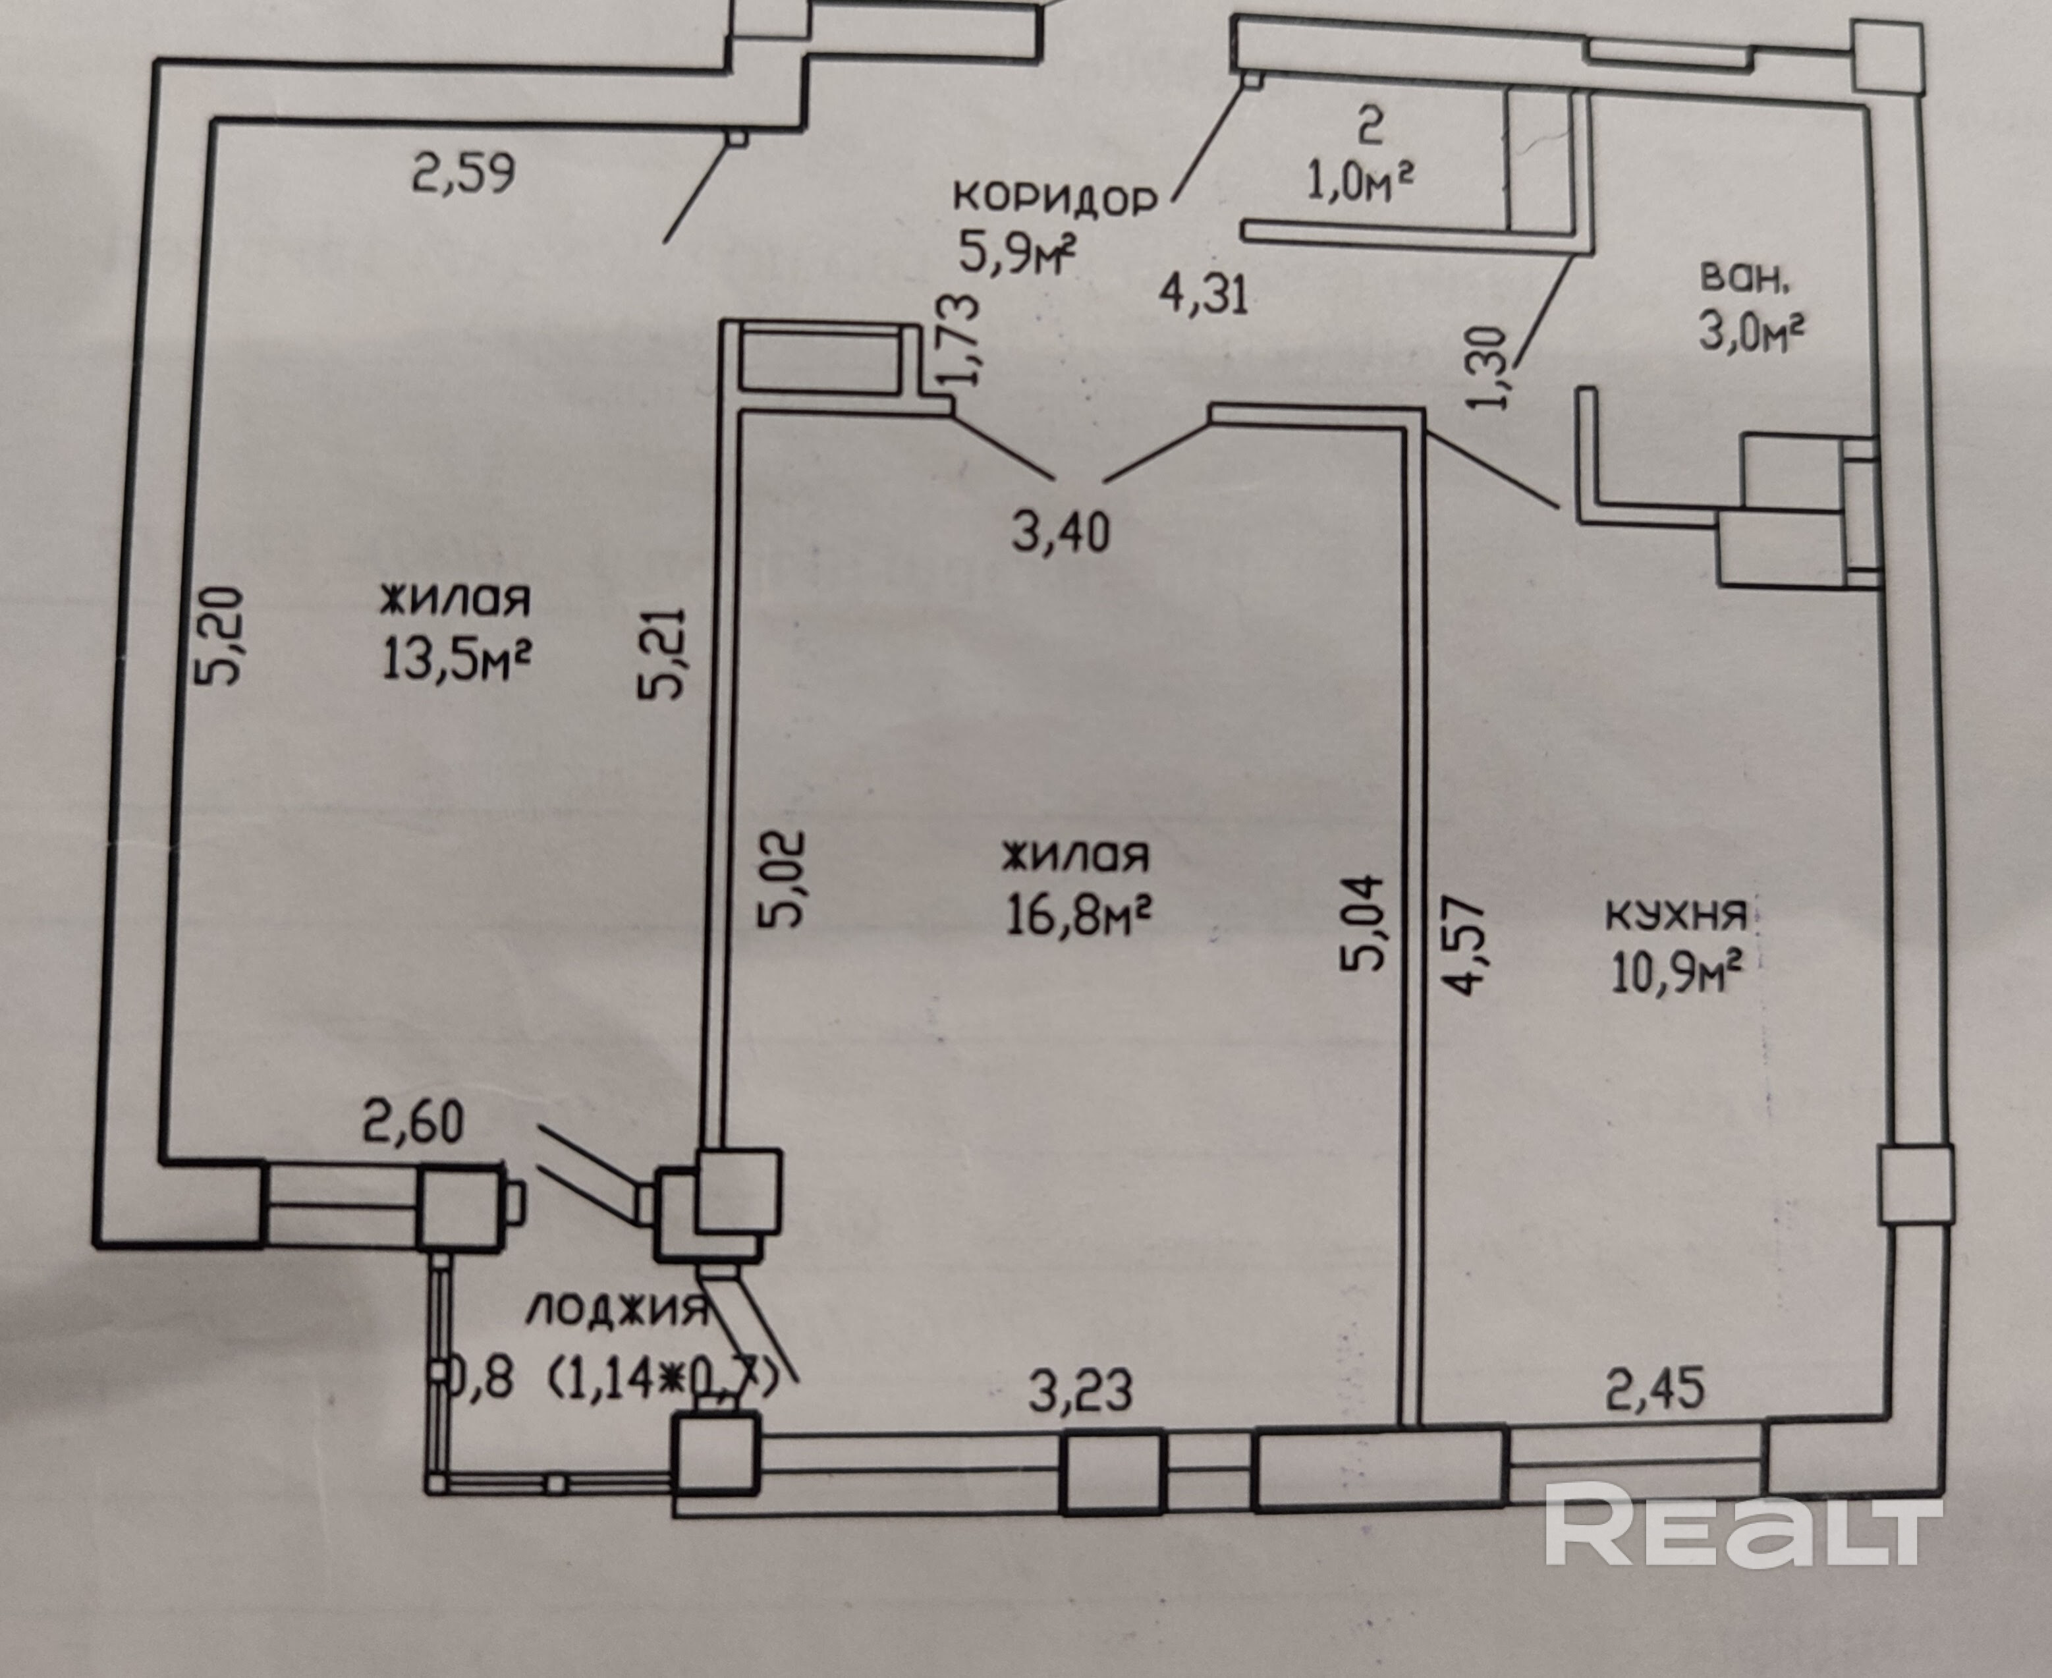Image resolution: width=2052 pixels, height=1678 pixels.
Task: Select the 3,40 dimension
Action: (x=1061, y=532)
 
